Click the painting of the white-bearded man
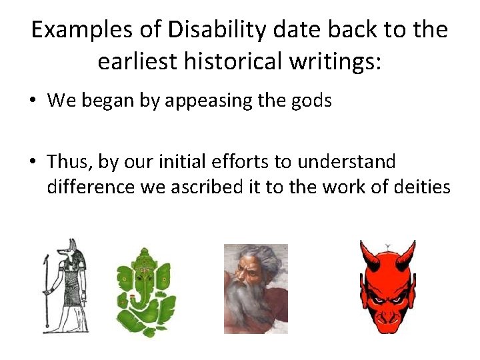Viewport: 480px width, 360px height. pos(255,288)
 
